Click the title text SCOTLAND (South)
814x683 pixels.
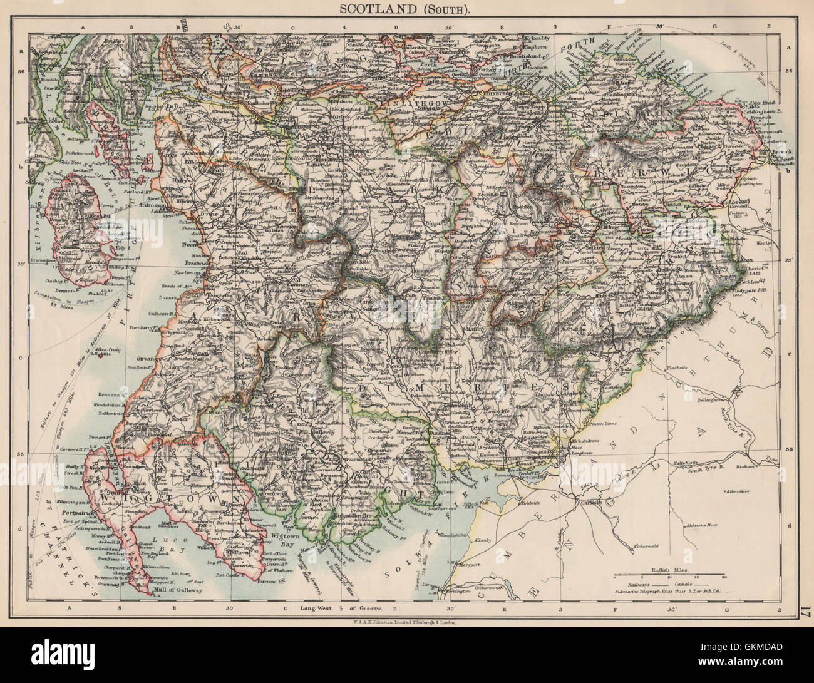coord(406,8)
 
